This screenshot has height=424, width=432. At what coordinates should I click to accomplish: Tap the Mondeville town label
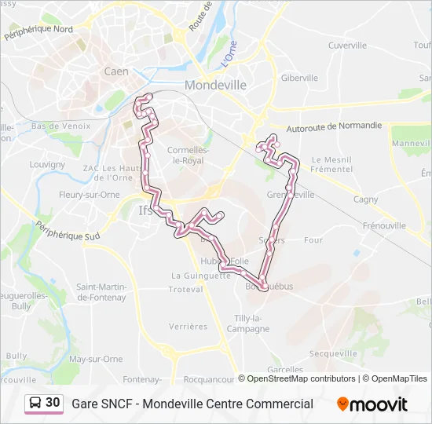(215, 85)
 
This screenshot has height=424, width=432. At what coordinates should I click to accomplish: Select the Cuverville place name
(348, 46)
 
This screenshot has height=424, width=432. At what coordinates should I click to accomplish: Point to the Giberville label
(299, 79)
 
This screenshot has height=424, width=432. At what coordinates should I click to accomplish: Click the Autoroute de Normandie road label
(335, 126)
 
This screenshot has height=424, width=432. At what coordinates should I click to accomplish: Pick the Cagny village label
(365, 199)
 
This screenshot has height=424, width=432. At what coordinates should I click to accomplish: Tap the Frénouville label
(383, 225)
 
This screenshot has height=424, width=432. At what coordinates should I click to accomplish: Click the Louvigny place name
(47, 165)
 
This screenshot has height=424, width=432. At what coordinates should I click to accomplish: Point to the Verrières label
(189, 327)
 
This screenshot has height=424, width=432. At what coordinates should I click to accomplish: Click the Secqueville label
(333, 354)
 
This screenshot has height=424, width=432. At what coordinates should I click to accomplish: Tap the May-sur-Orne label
(96, 359)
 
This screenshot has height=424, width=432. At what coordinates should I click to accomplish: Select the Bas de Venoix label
(57, 126)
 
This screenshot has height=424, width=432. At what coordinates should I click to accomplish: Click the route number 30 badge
(53, 403)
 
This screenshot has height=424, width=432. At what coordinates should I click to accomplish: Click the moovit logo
(372, 404)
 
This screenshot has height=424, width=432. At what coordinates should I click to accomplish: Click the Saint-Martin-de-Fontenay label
(101, 292)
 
